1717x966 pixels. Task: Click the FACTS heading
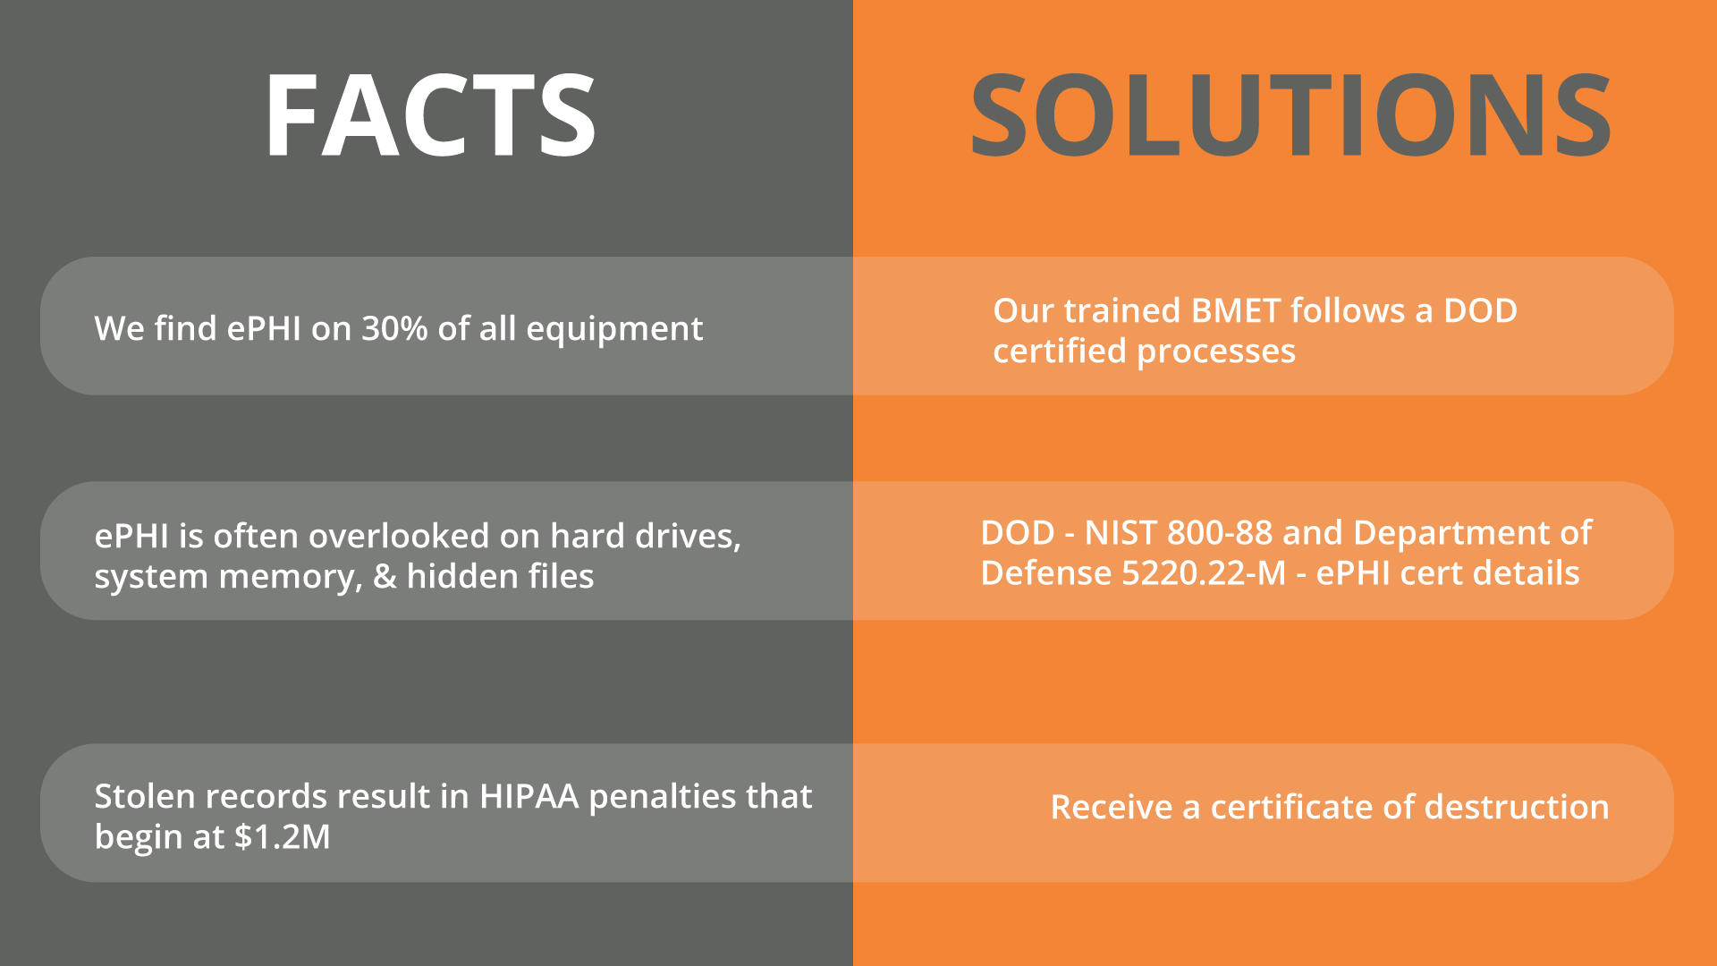[430, 115]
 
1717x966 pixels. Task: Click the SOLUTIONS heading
[1290, 115]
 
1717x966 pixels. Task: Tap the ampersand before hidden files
[385, 576]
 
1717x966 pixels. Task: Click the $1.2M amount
[283, 836]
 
